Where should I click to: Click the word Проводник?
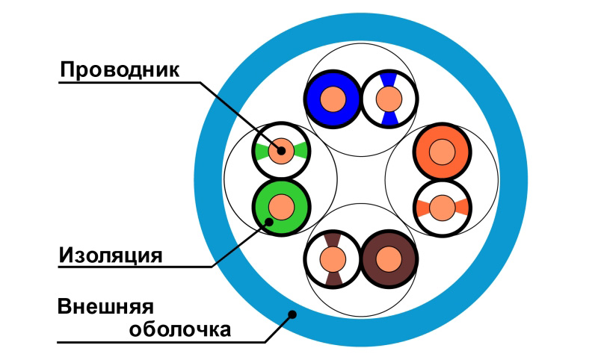[x=120, y=70]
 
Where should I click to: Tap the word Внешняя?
[x=105, y=306]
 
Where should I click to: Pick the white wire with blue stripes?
[x=388, y=98]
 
